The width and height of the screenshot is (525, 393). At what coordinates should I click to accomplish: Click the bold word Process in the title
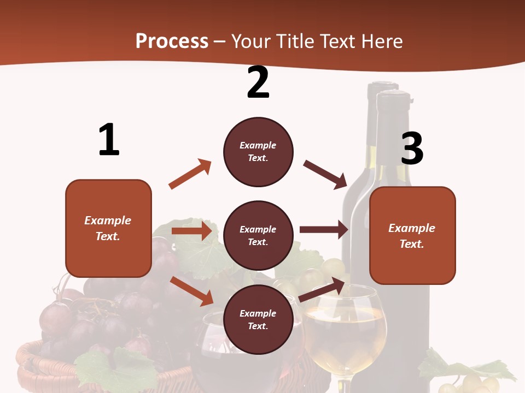[x=172, y=41]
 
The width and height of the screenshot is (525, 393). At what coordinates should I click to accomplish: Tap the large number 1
[x=109, y=140]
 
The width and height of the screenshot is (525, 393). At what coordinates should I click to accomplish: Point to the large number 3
[x=412, y=148]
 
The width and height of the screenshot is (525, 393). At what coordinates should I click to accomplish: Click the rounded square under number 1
[x=108, y=228]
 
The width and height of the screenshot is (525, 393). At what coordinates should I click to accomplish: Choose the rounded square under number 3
[x=412, y=236]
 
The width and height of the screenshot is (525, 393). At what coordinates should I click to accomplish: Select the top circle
[x=258, y=152]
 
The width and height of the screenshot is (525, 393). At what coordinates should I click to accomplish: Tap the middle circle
[x=258, y=236]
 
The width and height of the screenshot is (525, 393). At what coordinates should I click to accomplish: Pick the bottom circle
[x=258, y=320]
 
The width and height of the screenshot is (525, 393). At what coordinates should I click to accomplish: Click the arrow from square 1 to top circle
[x=190, y=174]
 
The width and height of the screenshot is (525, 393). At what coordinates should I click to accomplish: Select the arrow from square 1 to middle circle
[x=191, y=231]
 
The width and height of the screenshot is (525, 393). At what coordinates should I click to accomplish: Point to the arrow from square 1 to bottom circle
[x=191, y=291]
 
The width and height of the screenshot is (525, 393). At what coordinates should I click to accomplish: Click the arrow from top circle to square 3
[x=325, y=174]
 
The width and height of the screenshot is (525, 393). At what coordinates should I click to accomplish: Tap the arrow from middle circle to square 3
[x=324, y=230]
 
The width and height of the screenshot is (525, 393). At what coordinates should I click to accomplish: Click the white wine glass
[x=345, y=327]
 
